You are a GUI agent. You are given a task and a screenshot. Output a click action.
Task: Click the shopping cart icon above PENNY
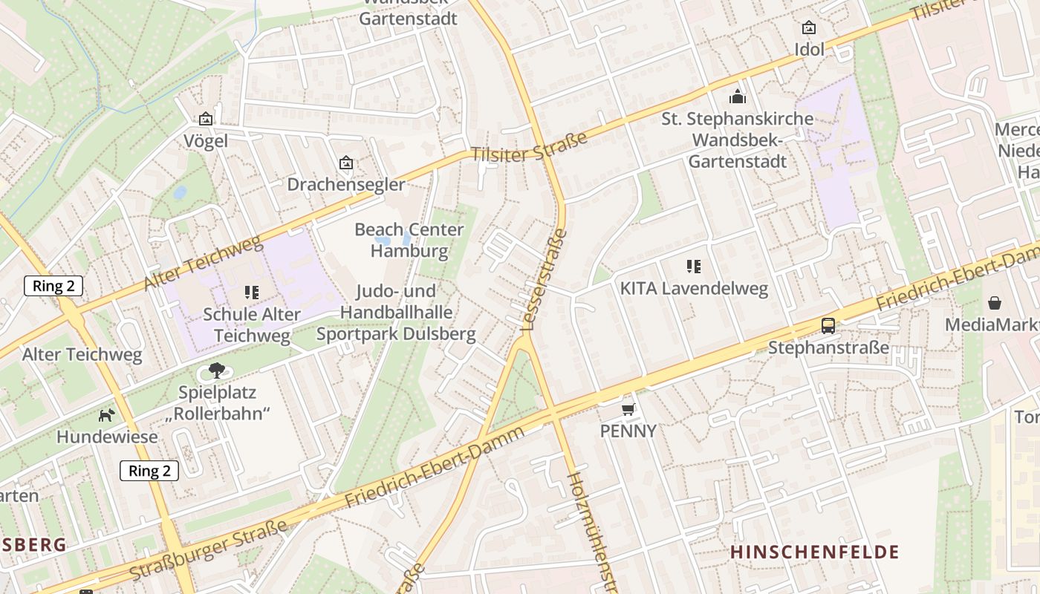pos(628,408)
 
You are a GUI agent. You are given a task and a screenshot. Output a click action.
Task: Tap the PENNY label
pos(628,431)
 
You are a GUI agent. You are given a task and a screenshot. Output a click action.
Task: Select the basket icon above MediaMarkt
pos(995,303)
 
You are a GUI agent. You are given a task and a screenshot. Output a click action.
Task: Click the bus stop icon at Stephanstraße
pos(828,325)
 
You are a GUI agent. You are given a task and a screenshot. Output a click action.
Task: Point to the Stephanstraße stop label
pos(828,347)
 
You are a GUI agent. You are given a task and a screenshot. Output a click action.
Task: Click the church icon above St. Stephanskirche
pos(737,97)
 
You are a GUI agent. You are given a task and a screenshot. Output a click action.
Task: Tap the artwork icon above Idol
pos(809,28)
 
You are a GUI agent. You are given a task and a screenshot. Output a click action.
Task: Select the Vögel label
pos(206,141)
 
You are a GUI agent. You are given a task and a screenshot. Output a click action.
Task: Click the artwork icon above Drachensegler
pos(345,163)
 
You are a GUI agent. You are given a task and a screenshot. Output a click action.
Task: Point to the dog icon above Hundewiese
pos(107,414)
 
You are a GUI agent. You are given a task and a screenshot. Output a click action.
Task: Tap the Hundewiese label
pos(107,437)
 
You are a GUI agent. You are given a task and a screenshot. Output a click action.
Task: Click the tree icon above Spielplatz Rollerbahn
pos(216,369)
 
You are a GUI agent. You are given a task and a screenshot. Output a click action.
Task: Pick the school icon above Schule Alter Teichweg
pos(251,293)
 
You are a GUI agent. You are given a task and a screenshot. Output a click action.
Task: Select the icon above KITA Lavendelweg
pos(694,266)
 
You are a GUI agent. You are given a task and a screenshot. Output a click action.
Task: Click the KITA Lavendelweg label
pos(694,288)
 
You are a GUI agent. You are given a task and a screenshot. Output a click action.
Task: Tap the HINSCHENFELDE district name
pos(814,552)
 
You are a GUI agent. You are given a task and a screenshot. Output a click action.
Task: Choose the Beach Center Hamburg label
pos(409,240)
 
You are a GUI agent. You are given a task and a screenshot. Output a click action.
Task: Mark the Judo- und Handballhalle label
pos(396,312)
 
